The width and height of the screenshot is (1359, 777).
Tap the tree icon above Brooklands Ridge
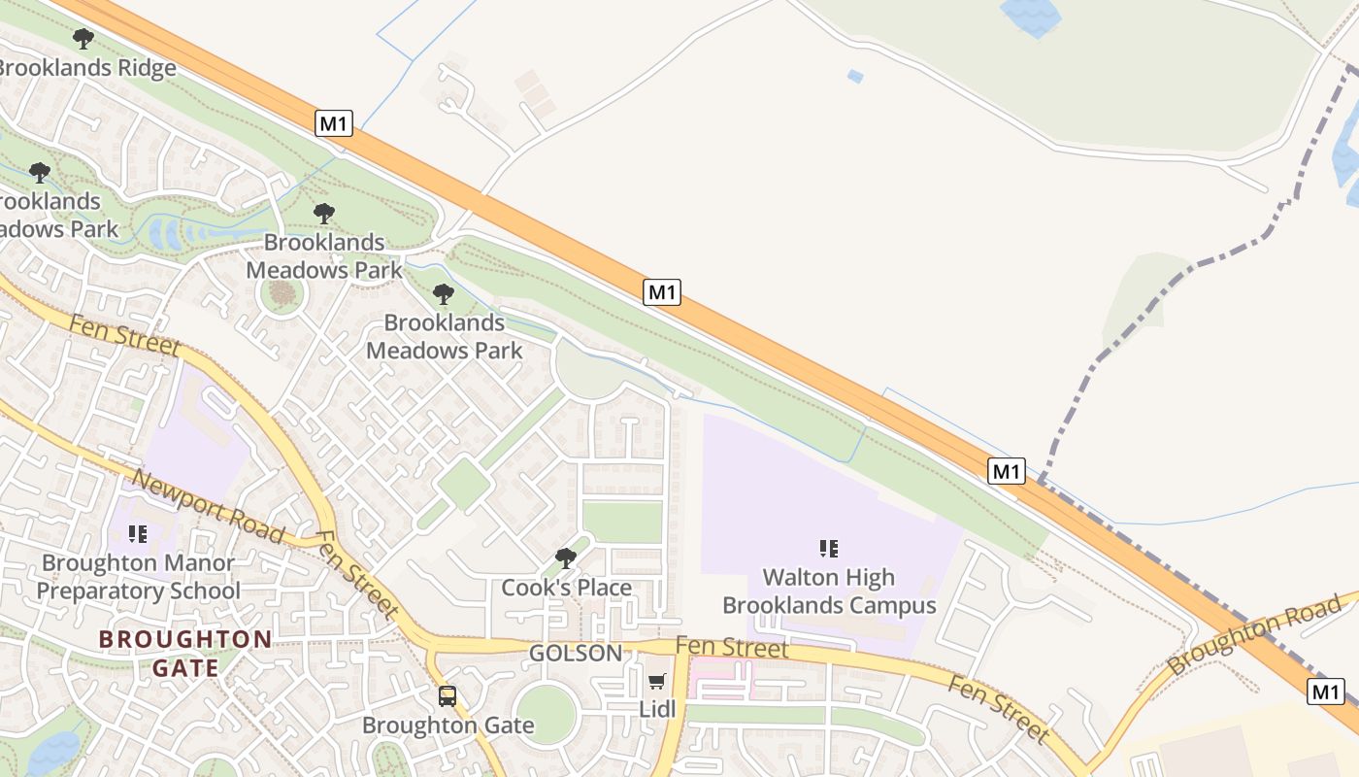click(83, 39)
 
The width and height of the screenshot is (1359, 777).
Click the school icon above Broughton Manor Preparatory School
click(137, 533)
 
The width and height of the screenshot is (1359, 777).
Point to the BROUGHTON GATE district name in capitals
click(184, 653)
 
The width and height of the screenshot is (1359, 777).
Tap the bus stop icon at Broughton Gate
click(447, 695)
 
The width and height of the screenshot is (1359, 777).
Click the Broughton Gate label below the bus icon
click(447, 726)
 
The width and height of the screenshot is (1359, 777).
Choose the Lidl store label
click(657, 709)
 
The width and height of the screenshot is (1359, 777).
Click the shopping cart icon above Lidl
click(657, 682)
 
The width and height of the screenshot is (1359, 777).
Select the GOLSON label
click(576, 654)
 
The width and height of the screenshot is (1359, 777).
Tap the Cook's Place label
click(566, 588)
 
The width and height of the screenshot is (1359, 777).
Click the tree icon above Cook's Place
click(565, 558)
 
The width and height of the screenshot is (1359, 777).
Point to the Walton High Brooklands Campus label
click(829, 591)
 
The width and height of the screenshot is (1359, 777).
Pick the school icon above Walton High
click(829, 549)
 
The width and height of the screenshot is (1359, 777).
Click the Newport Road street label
click(208, 507)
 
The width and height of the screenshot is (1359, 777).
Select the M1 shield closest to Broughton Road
click(1326, 692)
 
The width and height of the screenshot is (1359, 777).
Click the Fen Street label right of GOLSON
click(731, 647)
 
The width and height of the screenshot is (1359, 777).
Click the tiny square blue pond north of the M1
click(855, 76)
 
